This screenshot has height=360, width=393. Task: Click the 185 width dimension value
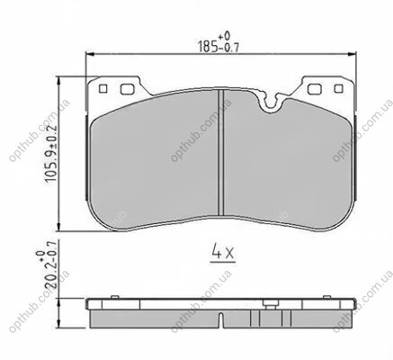point(207,47)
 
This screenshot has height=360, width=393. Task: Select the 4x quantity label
point(222,252)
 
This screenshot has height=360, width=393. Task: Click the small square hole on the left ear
point(103,88)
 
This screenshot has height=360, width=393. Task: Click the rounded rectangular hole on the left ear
point(127,89)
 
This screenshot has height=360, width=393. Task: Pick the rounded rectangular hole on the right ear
point(315,88)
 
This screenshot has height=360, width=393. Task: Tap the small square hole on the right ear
point(338,88)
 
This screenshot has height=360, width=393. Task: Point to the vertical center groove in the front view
point(221,153)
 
